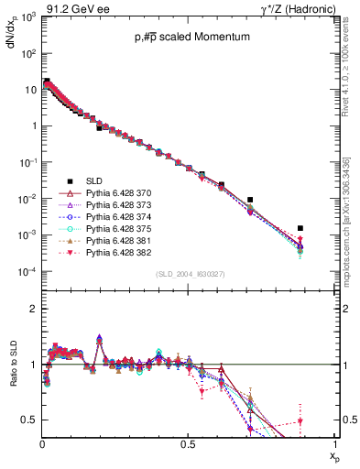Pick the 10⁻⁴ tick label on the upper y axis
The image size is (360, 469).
[x=27, y=272]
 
